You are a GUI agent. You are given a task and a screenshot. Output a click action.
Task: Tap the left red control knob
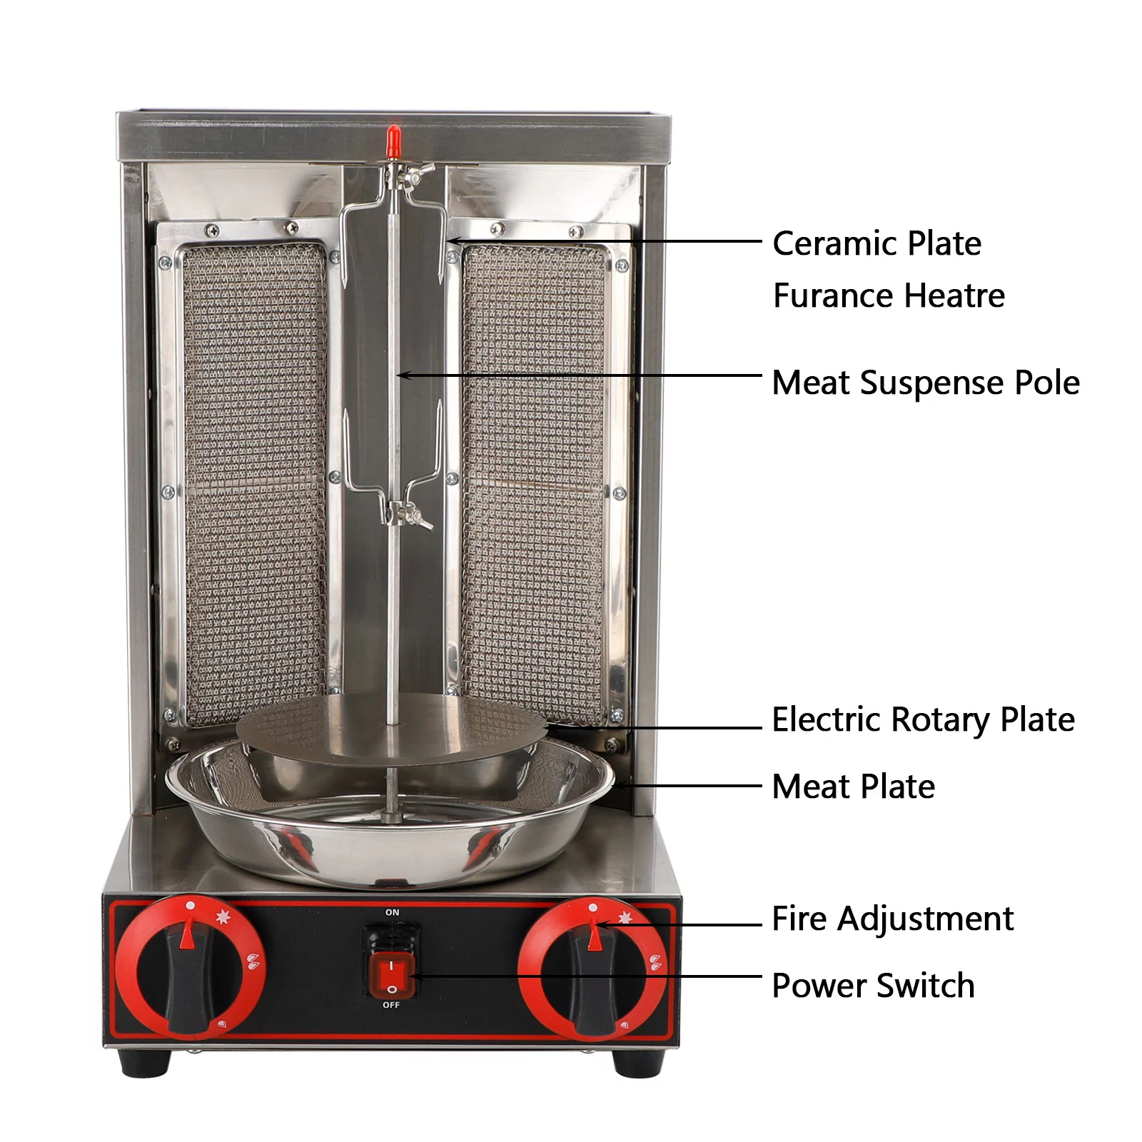coord(190,969)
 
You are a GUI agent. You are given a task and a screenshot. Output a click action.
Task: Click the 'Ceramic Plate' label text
coord(876,244)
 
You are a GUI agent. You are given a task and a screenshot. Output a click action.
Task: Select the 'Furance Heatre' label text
coord(889,295)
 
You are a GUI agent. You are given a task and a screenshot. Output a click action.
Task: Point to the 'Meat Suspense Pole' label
coord(926,383)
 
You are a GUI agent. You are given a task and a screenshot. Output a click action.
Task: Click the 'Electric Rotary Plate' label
coord(923,719)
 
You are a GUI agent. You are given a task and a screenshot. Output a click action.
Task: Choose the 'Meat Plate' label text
coord(853,787)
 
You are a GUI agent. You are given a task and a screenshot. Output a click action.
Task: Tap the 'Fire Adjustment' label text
coord(892,919)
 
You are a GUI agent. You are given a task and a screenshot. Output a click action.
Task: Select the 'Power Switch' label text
coord(873,986)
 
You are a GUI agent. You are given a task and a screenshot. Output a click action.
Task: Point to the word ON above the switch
coord(392,912)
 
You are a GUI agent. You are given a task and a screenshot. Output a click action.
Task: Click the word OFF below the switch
coord(391,1005)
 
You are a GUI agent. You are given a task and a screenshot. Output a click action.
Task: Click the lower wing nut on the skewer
coord(417,515)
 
